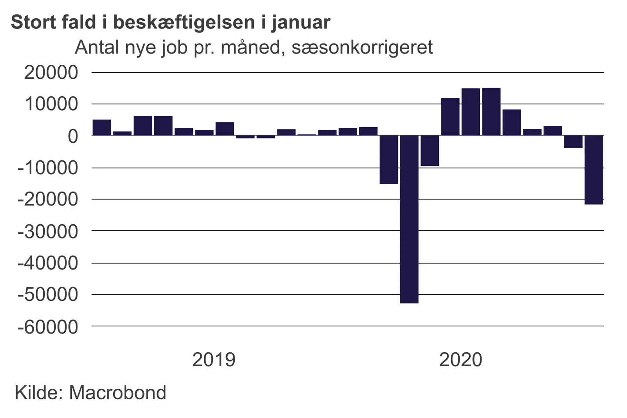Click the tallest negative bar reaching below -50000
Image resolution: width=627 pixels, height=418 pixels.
pyautogui.click(x=409, y=219)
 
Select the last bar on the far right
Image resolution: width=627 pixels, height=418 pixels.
pyautogui.click(x=593, y=170)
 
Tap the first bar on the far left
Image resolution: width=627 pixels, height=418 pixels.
pyautogui.click(x=102, y=128)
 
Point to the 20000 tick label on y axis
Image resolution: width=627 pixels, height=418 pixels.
pyautogui.click(x=51, y=72)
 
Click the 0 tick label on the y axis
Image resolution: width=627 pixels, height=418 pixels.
pyautogui.click(x=73, y=136)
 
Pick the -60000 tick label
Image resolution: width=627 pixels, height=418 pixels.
pyautogui.click(x=48, y=327)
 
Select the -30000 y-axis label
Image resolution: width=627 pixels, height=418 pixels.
pyautogui.click(x=48, y=231)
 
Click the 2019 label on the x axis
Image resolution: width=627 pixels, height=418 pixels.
pyautogui.click(x=214, y=360)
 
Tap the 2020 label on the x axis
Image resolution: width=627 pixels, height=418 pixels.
pyautogui.click(x=461, y=360)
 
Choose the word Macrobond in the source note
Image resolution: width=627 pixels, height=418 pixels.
pyautogui.click(x=118, y=393)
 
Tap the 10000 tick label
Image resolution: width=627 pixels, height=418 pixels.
pyautogui.click(x=51, y=104)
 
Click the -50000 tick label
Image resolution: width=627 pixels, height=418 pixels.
pyautogui.click(x=48, y=295)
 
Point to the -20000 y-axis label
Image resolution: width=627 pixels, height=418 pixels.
pyautogui.click(x=48, y=199)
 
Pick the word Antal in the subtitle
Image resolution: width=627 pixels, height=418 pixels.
pyautogui.click(x=97, y=47)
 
